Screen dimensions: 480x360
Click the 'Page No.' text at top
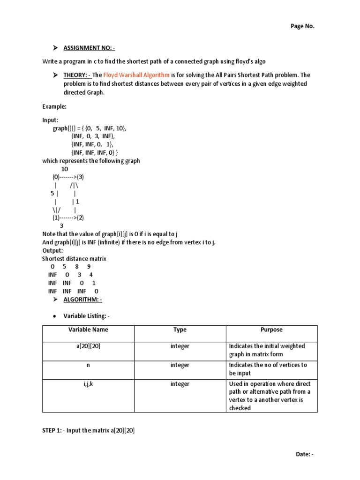302,26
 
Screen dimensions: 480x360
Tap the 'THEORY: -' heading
77,75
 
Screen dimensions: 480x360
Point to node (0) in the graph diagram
56,177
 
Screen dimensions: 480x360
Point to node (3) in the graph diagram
80,177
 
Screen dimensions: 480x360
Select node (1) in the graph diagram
56,217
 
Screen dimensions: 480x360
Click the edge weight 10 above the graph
65,169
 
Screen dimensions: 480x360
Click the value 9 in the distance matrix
88,267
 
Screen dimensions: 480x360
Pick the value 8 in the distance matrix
76,267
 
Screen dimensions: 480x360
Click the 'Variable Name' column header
88,330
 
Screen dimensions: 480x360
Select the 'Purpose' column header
271,330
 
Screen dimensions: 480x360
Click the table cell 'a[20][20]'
88,346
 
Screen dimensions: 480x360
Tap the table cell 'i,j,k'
88,384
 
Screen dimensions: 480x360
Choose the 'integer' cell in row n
180,365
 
